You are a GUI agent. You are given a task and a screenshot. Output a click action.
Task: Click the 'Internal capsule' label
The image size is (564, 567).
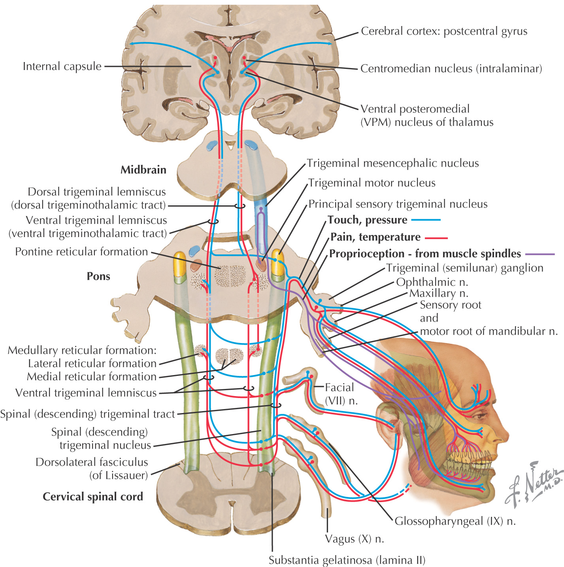click(62, 66)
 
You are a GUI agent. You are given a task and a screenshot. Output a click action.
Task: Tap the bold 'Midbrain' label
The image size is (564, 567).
click(143, 170)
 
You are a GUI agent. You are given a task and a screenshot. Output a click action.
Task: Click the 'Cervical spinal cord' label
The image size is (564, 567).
click(93, 497)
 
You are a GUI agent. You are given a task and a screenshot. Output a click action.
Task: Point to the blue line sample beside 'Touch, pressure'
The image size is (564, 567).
click(426, 220)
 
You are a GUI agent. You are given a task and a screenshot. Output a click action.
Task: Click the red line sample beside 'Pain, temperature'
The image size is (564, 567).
click(436, 238)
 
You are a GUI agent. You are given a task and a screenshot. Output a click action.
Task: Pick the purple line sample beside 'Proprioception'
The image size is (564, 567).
click(539, 254)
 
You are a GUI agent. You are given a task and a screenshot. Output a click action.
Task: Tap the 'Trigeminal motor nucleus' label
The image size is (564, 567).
click(372, 183)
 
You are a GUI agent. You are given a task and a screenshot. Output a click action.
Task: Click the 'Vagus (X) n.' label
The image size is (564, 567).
click(355, 539)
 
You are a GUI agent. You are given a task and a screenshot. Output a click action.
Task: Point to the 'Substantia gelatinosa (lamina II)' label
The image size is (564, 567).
click(347, 560)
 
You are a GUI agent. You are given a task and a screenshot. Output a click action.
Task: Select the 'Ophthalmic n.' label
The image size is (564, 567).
click(432, 282)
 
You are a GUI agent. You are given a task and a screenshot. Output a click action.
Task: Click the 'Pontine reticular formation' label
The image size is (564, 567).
click(81, 252)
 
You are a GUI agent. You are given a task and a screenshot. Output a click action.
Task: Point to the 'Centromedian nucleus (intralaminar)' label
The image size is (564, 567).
click(451, 68)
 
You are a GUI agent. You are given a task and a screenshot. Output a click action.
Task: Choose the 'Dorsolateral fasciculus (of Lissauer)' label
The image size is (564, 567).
click(92, 468)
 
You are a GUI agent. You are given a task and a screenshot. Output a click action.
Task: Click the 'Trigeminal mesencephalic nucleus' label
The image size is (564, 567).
click(393, 163)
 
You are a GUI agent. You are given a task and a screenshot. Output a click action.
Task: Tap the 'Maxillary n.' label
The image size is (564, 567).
click(439, 293)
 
